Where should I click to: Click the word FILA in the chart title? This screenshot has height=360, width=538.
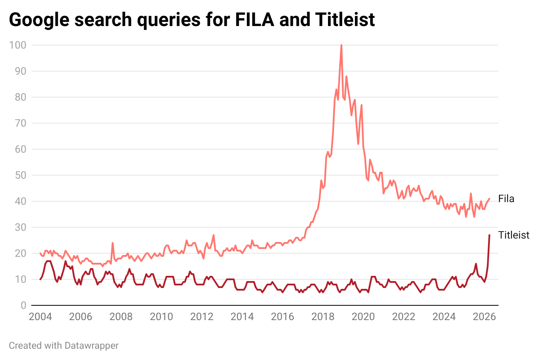click(255, 20)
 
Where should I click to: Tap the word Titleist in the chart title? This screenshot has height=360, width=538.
click(345, 20)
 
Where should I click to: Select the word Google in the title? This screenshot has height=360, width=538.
click(39, 20)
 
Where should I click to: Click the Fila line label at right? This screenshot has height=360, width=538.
click(506, 199)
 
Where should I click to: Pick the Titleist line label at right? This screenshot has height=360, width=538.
click(514, 235)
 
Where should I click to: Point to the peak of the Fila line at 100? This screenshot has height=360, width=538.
click(341, 45)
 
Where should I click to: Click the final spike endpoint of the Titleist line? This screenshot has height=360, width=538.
click(489, 235)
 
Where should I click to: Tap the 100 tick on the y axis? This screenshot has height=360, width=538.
click(17, 45)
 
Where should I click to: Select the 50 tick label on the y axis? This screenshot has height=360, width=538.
click(20, 175)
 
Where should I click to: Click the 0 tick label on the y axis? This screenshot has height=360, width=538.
click(23, 305)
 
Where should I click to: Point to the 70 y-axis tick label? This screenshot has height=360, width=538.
click(20, 123)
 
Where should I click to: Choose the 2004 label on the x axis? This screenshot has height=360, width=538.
click(40, 317)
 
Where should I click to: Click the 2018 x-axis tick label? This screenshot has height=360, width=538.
click(323, 317)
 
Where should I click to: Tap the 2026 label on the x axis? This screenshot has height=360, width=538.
click(485, 317)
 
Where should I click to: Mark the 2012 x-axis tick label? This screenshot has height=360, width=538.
click(202, 317)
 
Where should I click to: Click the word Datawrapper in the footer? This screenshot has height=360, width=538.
click(92, 346)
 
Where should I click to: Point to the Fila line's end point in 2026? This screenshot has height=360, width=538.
click(489, 199)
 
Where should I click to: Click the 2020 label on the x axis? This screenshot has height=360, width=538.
click(363, 317)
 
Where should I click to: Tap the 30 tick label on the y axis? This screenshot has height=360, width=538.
click(20, 227)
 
